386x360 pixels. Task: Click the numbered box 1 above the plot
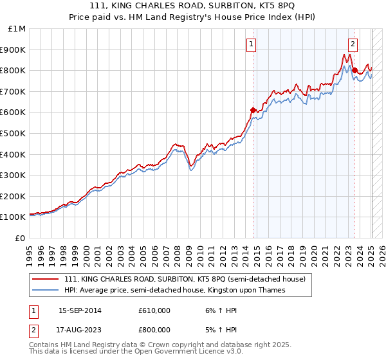[251, 44]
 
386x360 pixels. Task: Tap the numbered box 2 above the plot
[353, 44]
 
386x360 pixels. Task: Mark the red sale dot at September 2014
[253, 110]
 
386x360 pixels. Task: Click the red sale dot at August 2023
[354, 70]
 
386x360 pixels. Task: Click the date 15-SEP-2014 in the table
[80, 310]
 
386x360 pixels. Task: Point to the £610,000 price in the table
[154, 310]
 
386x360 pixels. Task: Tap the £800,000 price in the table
[154, 329]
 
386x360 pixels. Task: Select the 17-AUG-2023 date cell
[80, 329]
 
